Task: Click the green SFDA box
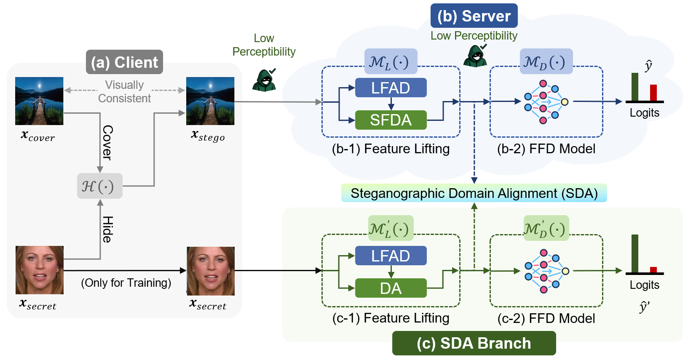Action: [x=391, y=120]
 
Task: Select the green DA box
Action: [x=391, y=288]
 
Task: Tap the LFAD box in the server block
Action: [x=391, y=88]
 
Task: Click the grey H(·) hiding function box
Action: [x=99, y=186]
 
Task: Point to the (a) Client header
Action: [x=124, y=62]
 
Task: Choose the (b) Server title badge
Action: [x=474, y=16]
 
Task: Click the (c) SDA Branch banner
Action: [x=474, y=343]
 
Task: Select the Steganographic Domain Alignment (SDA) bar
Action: [x=474, y=193]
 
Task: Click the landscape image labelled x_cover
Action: [x=39, y=101]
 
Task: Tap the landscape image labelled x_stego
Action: [x=210, y=101]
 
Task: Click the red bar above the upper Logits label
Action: [x=653, y=93]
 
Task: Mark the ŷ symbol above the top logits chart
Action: [x=648, y=66]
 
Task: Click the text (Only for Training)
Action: [x=126, y=283]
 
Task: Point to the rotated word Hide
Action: [x=108, y=229]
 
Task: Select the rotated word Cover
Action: [x=108, y=143]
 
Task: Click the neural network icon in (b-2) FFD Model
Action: [x=546, y=102]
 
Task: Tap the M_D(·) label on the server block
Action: [x=546, y=62]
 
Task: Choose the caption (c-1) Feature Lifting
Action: [x=391, y=318]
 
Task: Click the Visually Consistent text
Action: [x=124, y=92]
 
